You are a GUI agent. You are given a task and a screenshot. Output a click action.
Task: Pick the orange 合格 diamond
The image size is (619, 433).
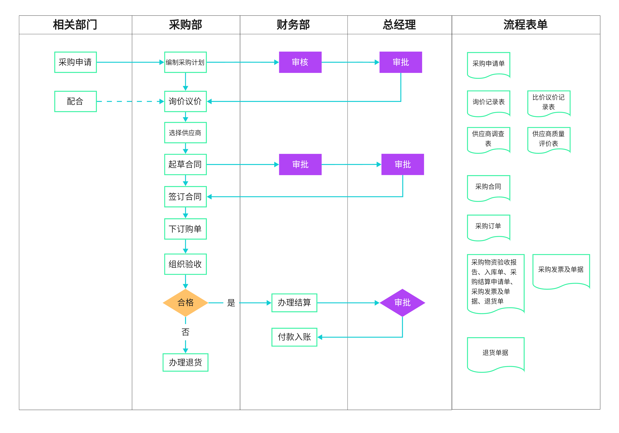pos(186,303)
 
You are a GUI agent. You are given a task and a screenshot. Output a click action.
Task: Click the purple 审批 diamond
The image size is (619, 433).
pos(402,303)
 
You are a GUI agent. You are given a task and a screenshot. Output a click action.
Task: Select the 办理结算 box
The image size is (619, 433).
pos(294,303)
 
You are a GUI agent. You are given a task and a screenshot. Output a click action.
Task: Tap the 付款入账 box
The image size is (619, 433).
pos(294,337)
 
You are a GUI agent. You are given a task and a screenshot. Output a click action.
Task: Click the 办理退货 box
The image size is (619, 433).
pos(186,362)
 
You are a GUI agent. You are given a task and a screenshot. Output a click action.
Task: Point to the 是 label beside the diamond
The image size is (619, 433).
pos(231,303)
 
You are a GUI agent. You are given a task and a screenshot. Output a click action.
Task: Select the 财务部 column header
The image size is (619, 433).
pos(293,25)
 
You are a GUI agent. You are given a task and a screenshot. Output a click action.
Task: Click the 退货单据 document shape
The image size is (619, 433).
pos(495,353)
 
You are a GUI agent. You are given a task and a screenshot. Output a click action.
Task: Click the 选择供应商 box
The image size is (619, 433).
pos(186,133)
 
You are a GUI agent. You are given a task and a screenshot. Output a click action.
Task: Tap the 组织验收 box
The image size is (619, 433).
pos(186,264)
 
